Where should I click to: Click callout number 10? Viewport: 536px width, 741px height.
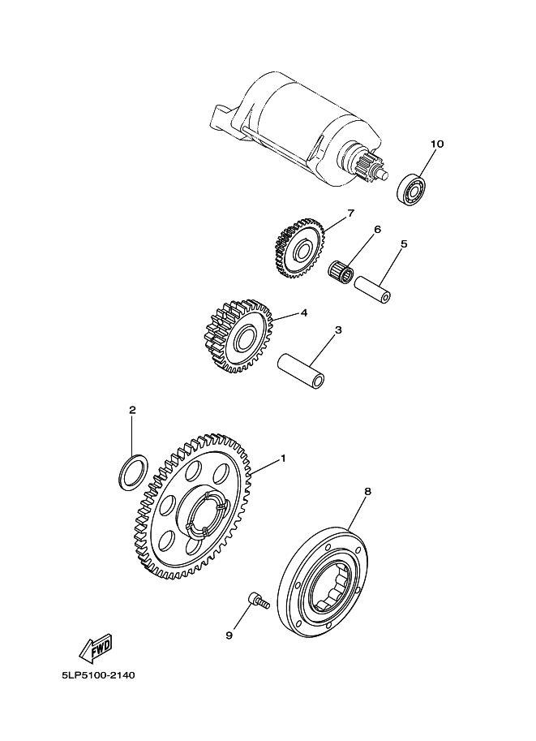tap(437, 144)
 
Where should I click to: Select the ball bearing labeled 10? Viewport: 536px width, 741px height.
tap(410, 191)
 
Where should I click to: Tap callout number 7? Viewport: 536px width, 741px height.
tap(350, 213)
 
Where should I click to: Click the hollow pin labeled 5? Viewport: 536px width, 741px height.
tap(372, 289)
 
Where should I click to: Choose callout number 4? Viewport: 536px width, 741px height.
tap(303, 312)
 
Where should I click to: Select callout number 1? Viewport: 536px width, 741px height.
tap(283, 458)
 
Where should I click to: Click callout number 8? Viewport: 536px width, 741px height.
tap(368, 492)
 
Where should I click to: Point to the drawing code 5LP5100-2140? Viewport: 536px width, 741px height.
tap(98, 675)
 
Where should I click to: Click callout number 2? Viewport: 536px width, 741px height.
tap(133, 410)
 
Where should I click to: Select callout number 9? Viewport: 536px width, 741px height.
tap(229, 635)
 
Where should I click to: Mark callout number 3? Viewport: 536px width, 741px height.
tap(338, 330)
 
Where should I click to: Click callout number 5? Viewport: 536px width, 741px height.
tap(404, 243)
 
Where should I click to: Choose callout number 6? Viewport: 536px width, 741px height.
tap(377, 229)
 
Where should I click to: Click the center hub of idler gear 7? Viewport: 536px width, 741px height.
tap(302, 250)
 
